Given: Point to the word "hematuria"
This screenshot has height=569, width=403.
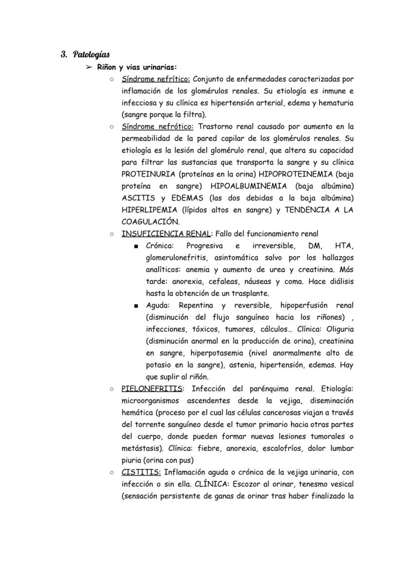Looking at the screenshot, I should tap(337, 103).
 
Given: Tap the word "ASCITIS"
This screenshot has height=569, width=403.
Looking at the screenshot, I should tap(137, 198).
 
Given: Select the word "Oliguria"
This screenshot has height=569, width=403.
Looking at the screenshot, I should tap(339, 329).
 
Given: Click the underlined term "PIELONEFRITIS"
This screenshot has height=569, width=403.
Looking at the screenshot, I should tap(152, 388).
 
